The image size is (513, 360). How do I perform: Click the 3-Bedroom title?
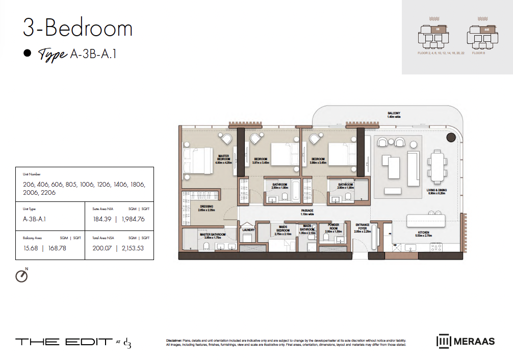(78, 28)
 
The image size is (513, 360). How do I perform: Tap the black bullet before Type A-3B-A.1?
(28, 53)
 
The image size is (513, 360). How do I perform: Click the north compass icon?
(21, 275)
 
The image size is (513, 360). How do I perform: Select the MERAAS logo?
(466, 341)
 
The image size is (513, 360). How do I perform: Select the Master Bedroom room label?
(223, 158)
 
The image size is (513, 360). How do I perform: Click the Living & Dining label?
(437, 191)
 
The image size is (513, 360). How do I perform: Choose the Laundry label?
(248, 229)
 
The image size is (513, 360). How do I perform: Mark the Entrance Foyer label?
(363, 227)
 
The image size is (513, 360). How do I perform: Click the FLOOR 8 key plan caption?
(478, 53)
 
